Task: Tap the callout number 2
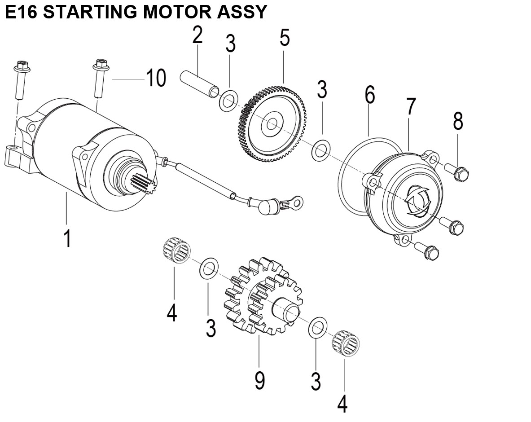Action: (197, 35)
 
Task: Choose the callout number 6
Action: (369, 95)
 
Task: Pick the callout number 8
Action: (457, 121)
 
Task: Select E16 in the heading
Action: (22, 12)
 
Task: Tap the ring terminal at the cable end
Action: (293, 205)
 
